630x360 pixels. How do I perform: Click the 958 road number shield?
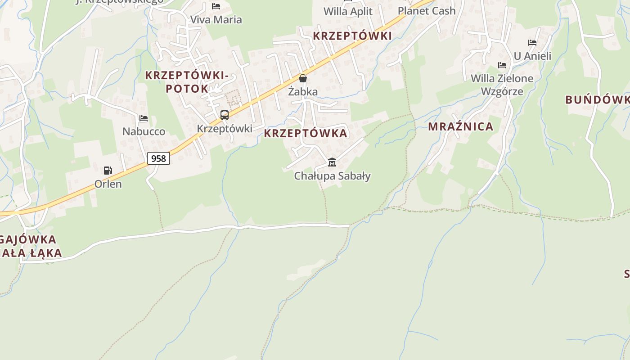tap(158, 158)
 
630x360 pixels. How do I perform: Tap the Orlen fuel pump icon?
tap(108, 171)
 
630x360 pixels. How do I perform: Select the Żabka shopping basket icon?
tap(303, 78)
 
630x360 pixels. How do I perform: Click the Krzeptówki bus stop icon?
tap(225, 115)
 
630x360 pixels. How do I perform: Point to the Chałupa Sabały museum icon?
tap(332, 162)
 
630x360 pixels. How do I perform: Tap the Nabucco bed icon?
tap(144, 118)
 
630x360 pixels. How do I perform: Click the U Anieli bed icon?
tap(532, 43)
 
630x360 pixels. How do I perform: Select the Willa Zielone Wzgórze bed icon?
tap(502, 65)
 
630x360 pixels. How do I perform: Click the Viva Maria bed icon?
tap(216, 6)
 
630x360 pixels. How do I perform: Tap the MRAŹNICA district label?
tap(460, 126)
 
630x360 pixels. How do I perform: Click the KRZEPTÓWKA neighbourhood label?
tap(306, 133)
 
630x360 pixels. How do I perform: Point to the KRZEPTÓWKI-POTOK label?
tap(187, 82)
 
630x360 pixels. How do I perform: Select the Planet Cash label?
tap(427, 11)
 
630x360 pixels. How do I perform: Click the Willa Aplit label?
tap(348, 11)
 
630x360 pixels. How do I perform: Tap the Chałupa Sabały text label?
tap(332, 176)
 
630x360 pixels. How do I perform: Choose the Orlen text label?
tap(108, 184)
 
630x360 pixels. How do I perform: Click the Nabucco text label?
tap(144, 131)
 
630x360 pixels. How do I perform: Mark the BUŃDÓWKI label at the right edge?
tap(598, 99)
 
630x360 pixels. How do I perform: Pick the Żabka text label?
tap(303, 92)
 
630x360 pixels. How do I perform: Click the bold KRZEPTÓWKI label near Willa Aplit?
tap(352, 36)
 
